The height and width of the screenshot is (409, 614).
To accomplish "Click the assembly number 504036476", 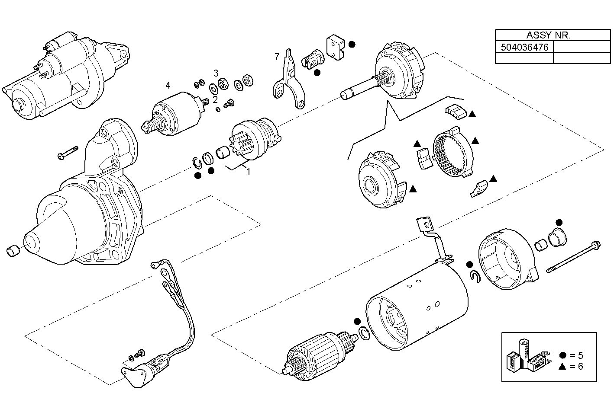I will click(x=524, y=47).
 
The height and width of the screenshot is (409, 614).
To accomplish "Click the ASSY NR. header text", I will click(x=548, y=35).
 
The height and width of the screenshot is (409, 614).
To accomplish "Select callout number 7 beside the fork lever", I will click(x=277, y=57).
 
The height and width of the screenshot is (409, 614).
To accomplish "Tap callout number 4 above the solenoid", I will click(x=168, y=85).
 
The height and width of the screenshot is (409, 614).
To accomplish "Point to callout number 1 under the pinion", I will click(x=248, y=171).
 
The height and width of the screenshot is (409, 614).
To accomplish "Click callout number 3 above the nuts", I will click(x=215, y=72).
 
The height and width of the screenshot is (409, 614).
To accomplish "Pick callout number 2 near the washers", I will click(x=215, y=99).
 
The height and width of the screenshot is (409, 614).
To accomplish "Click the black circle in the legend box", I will click(x=562, y=355).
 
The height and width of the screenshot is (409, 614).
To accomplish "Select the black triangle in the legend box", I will click(x=562, y=367).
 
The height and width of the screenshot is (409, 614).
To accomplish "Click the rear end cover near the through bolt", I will click(x=507, y=259).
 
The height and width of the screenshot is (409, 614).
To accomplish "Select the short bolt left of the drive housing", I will click(x=67, y=153).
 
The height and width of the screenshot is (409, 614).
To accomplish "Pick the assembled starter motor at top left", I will click(x=65, y=76).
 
